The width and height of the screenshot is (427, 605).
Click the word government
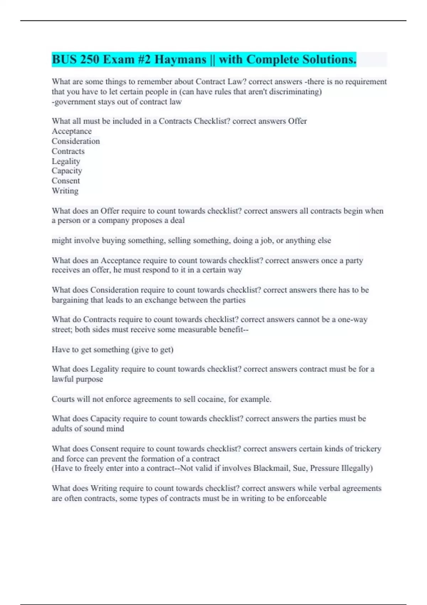tap(75, 102)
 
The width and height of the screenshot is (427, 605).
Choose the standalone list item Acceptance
tap(72, 131)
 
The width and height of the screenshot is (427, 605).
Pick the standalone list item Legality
tap(66, 161)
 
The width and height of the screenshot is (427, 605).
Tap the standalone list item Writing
tap(65, 191)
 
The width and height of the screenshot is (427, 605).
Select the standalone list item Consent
tap(66, 181)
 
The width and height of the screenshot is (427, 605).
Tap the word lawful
tap(62, 379)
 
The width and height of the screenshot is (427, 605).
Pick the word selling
tap(146, 241)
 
